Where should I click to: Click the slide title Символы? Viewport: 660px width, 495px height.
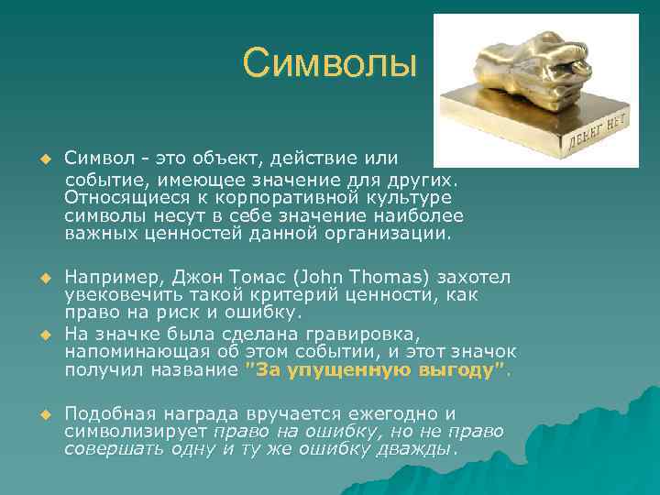pos(330,64)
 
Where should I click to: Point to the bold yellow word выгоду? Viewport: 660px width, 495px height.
pos(456,370)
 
